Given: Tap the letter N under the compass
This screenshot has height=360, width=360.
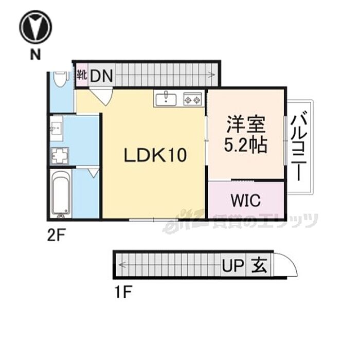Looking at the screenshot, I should pos(35,55).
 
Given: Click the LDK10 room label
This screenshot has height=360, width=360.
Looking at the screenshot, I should pos(155,155).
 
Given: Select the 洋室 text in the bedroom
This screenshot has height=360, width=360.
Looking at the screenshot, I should pos(245,125).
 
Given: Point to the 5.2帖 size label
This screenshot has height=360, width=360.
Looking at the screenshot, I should pos(245,146).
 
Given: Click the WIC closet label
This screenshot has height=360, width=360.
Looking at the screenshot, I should pos(245,200).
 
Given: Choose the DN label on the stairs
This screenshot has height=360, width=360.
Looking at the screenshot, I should pos(102,76).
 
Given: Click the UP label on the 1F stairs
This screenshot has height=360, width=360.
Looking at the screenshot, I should pos(233,266).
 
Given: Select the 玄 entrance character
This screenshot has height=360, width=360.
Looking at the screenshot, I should pos(259,266).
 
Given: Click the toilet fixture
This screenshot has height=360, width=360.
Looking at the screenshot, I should pos(61,79).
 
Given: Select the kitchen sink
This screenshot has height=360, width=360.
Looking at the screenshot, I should pos(166,98).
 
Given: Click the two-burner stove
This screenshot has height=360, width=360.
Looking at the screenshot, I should pos(193,98).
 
